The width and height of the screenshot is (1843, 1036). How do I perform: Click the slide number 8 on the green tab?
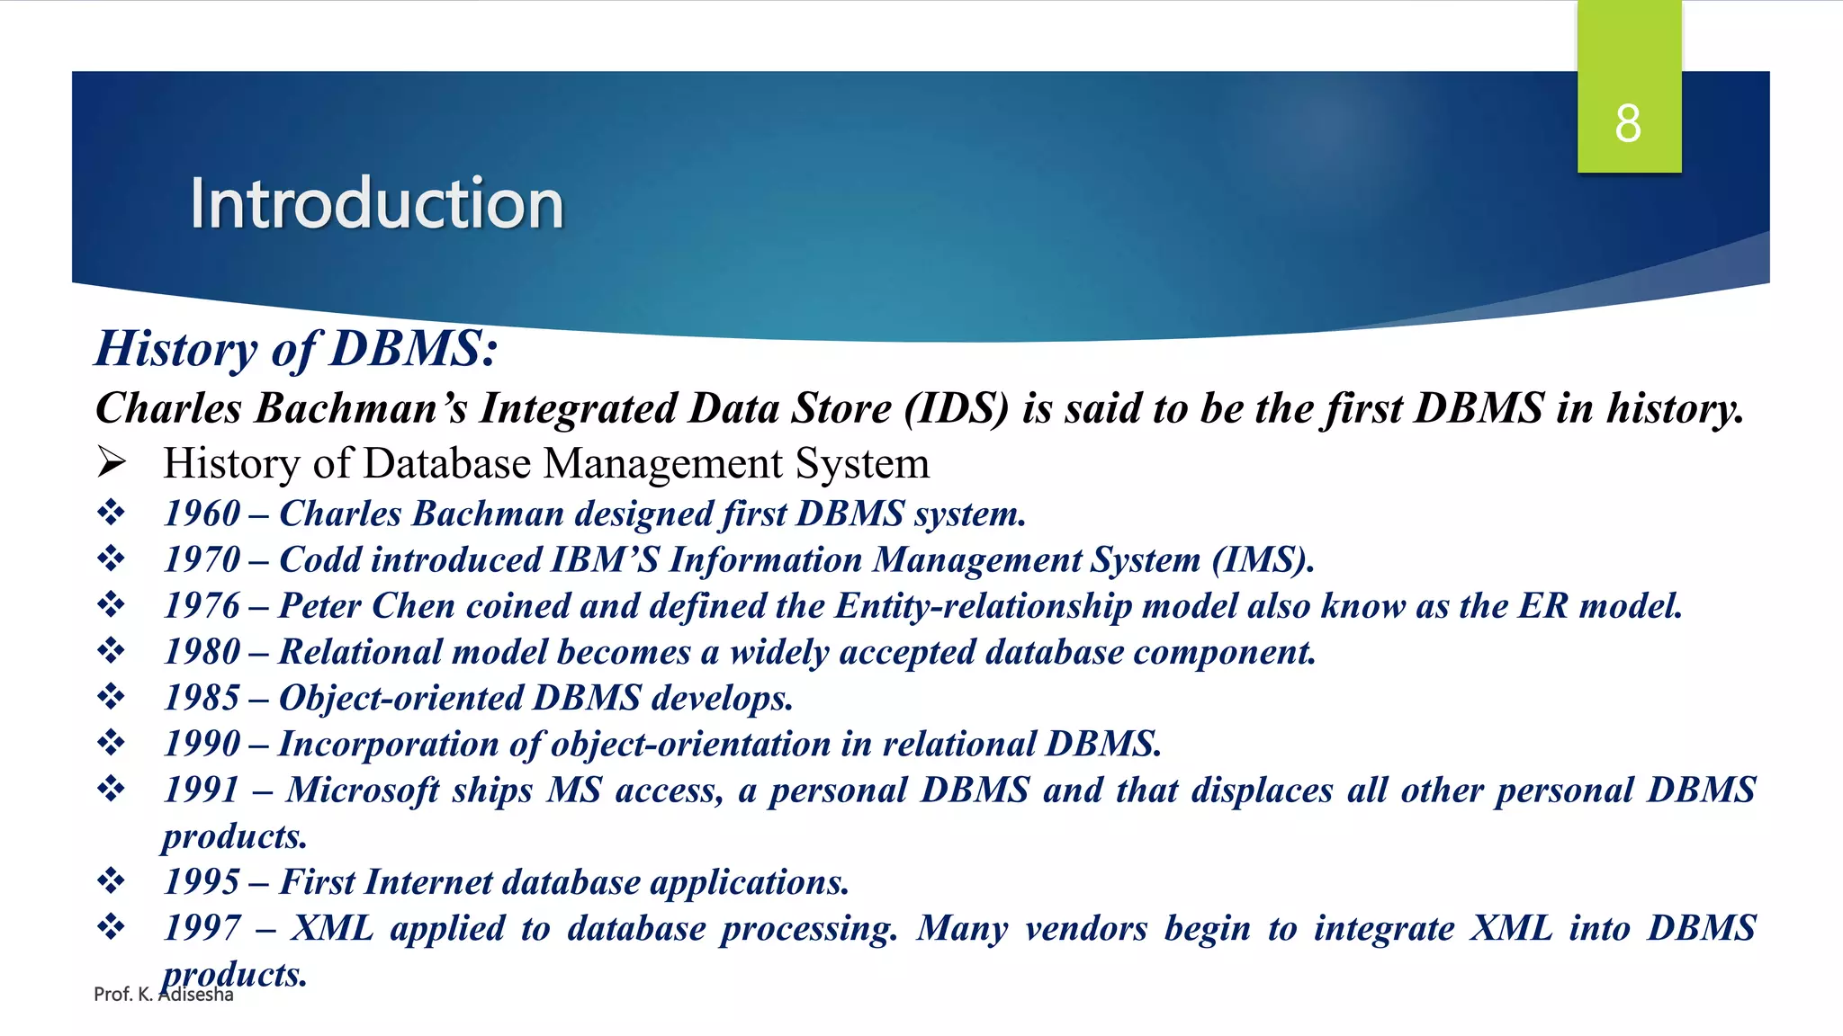point(1627,123)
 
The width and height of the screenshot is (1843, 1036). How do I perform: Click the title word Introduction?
point(376,204)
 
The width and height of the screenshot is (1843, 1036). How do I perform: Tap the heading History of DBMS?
point(296,349)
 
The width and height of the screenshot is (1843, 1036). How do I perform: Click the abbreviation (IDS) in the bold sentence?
point(957,409)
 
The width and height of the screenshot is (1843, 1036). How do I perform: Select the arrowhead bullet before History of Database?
point(112,463)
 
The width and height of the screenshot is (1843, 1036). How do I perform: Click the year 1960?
point(202,514)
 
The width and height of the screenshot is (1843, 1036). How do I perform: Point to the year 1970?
point(202,560)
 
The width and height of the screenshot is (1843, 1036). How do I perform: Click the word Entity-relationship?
point(983,606)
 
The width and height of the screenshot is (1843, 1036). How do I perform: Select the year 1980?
point(202,652)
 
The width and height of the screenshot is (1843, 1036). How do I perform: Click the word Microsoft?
point(362,790)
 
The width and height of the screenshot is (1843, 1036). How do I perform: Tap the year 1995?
point(202,882)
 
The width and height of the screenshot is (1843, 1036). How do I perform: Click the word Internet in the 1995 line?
point(428,882)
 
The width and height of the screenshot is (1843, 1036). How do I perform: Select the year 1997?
point(202,928)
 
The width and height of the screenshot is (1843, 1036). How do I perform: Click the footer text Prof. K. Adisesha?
point(163,995)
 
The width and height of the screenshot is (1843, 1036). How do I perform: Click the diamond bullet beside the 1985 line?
point(112,697)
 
